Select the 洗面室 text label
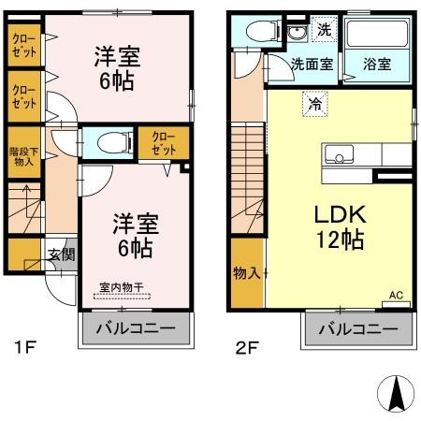310,65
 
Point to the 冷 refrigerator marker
316,105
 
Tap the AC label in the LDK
396,296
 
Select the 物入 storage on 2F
246,273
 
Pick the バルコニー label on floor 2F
356,329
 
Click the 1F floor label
25,351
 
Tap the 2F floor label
246,351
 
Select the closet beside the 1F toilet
163,143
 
